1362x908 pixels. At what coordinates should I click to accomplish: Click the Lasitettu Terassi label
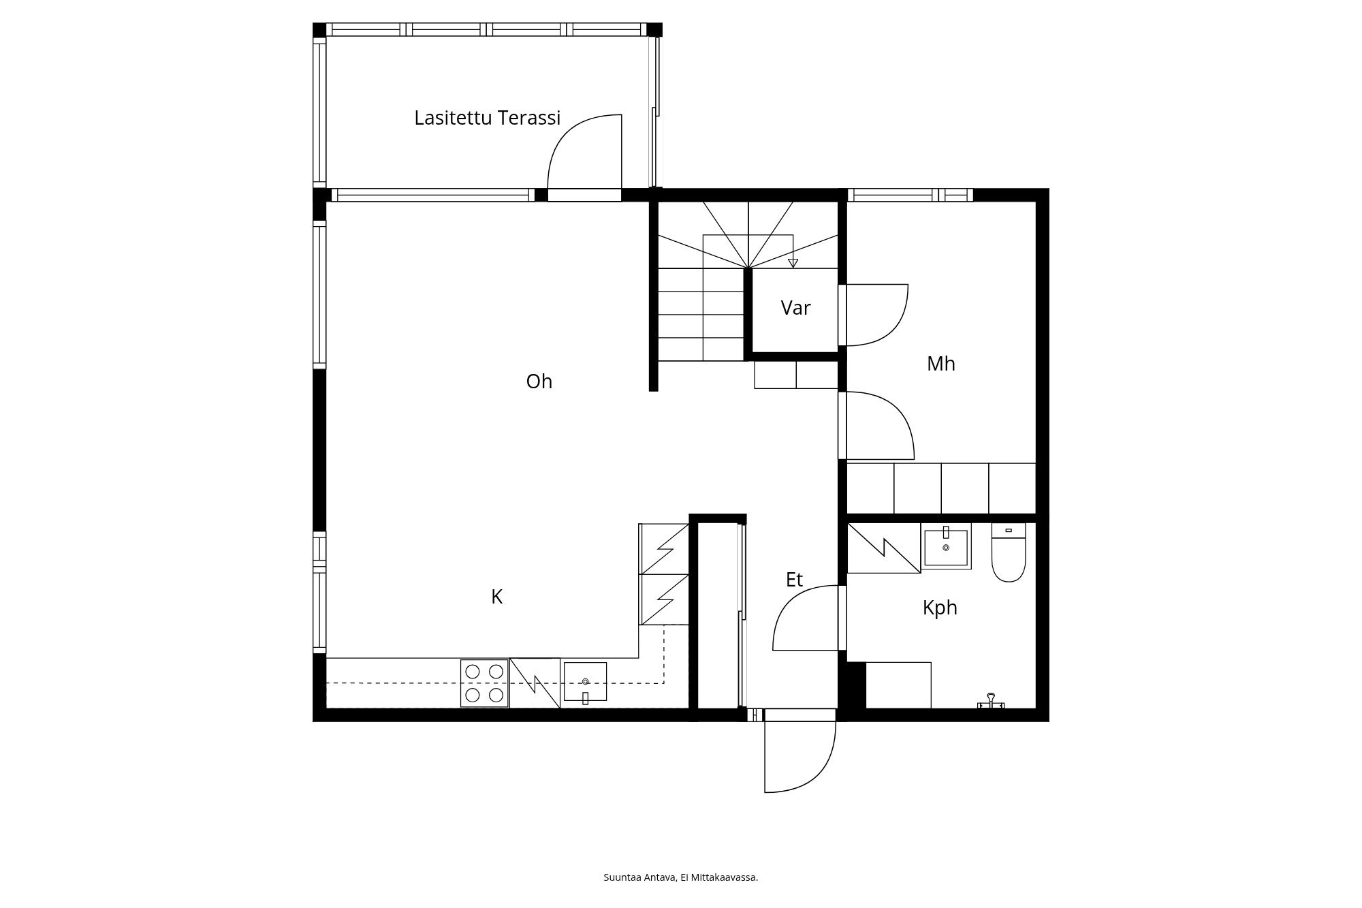click(x=487, y=118)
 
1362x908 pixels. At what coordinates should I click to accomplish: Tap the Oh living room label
click(x=539, y=381)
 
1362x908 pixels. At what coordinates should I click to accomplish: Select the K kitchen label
click(x=496, y=597)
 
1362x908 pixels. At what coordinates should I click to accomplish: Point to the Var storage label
click(x=795, y=308)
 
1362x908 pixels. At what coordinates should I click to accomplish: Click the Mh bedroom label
click(x=940, y=364)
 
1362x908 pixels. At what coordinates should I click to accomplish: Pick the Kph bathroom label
click(x=940, y=608)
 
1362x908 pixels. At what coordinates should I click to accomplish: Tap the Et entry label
click(x=794, y=580)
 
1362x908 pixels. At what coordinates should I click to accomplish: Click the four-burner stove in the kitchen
click(x=484, y=683)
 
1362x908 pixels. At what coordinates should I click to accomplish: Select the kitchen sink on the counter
click(x=585, y=682)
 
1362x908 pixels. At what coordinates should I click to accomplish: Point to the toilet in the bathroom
click(x=1009, y=552)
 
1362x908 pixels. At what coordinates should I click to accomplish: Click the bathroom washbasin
click(x=946, y=546)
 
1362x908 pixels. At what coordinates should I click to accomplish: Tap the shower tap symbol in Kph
click(x=991, y=702)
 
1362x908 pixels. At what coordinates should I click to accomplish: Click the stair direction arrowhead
click(x=793, y=263)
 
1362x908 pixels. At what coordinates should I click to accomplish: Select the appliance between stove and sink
click(x=535, y=683)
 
